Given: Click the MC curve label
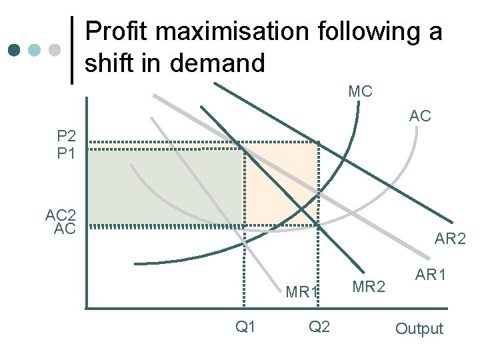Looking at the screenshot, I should [360, 91].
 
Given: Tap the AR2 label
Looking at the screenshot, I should [450, 239].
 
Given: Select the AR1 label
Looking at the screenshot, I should [431, 274].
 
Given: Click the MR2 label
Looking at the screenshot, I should [368, 287].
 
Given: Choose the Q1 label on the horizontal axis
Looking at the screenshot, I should [246, 327].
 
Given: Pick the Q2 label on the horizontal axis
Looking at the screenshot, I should [319, 327].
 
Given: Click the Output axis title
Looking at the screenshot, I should [419, 329].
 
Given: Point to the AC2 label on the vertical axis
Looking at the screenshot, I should [61, 215].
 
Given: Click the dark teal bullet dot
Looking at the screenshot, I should [15, 50].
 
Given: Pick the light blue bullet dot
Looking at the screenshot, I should [35, 50].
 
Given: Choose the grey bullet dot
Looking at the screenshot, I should [55, 50].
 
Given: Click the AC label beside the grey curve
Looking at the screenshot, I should [420, 116].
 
